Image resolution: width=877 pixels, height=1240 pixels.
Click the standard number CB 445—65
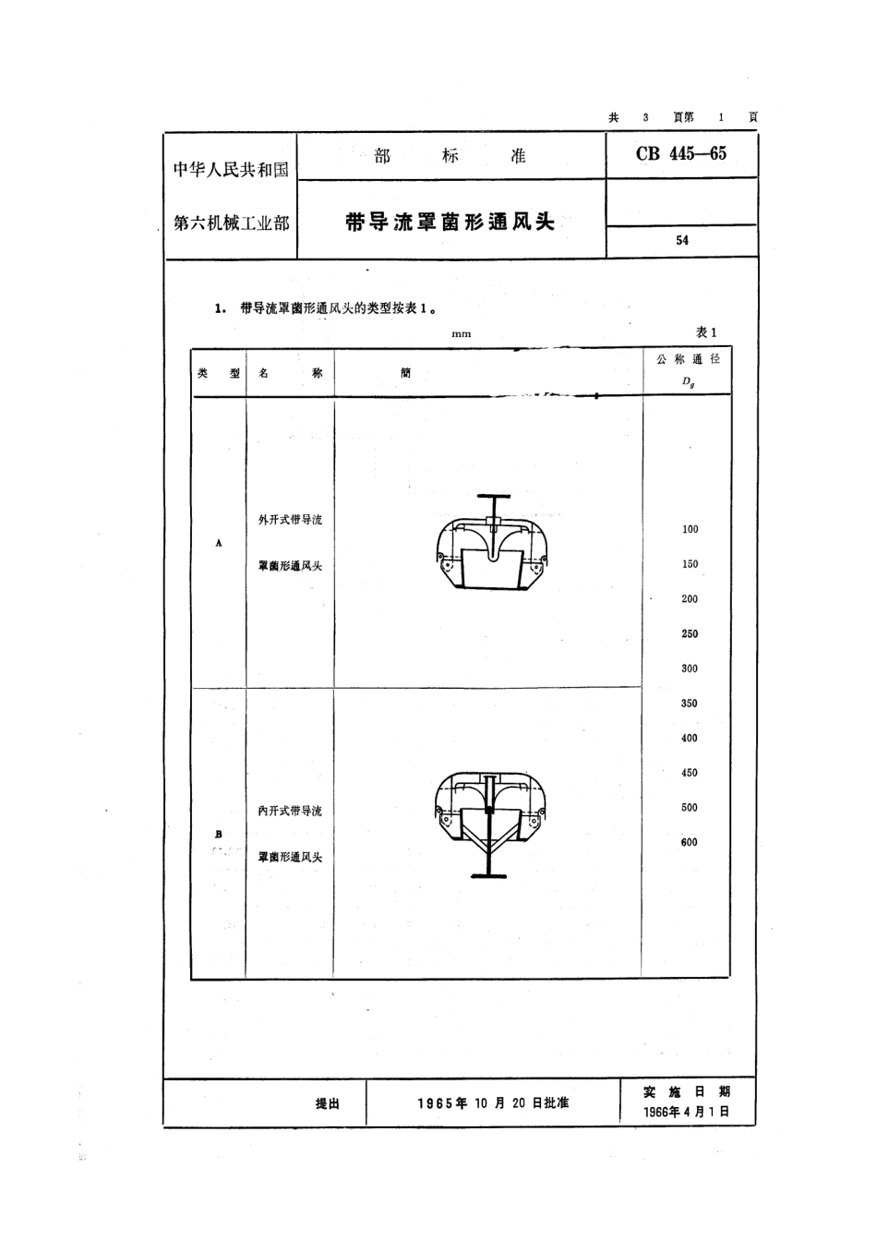[x=680, y=154]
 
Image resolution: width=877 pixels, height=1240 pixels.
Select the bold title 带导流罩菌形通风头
[x=450, y=223]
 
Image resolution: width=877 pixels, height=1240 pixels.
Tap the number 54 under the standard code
[x=682, y=240]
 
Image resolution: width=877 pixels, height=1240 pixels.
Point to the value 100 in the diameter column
[x=690, y=529]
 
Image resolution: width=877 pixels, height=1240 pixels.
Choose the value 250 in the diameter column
[x=690, y=633]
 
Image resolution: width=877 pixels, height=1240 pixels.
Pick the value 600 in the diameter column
[x=690, y=842]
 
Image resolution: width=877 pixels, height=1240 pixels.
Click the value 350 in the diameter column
[x=690, y=704]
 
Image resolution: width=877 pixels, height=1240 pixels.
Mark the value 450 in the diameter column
[x=690, y=773]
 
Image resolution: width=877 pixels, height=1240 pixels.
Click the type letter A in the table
[x=219, y=544]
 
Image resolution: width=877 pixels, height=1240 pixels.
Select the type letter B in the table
[x=219, y=835]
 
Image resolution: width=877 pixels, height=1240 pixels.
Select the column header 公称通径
[x=688, y=359]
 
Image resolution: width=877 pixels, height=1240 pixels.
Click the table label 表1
[x=705, y=332]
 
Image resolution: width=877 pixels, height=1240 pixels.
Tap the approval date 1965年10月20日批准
[x=493, y=1103]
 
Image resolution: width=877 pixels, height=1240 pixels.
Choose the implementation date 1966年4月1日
[x=686, y=1113]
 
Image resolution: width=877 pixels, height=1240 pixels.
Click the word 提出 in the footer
[x=328, y=1103]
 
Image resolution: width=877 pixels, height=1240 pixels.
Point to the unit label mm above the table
[x=462, y=334]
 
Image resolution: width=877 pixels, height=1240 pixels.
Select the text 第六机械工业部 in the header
[x=232, y=223]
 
